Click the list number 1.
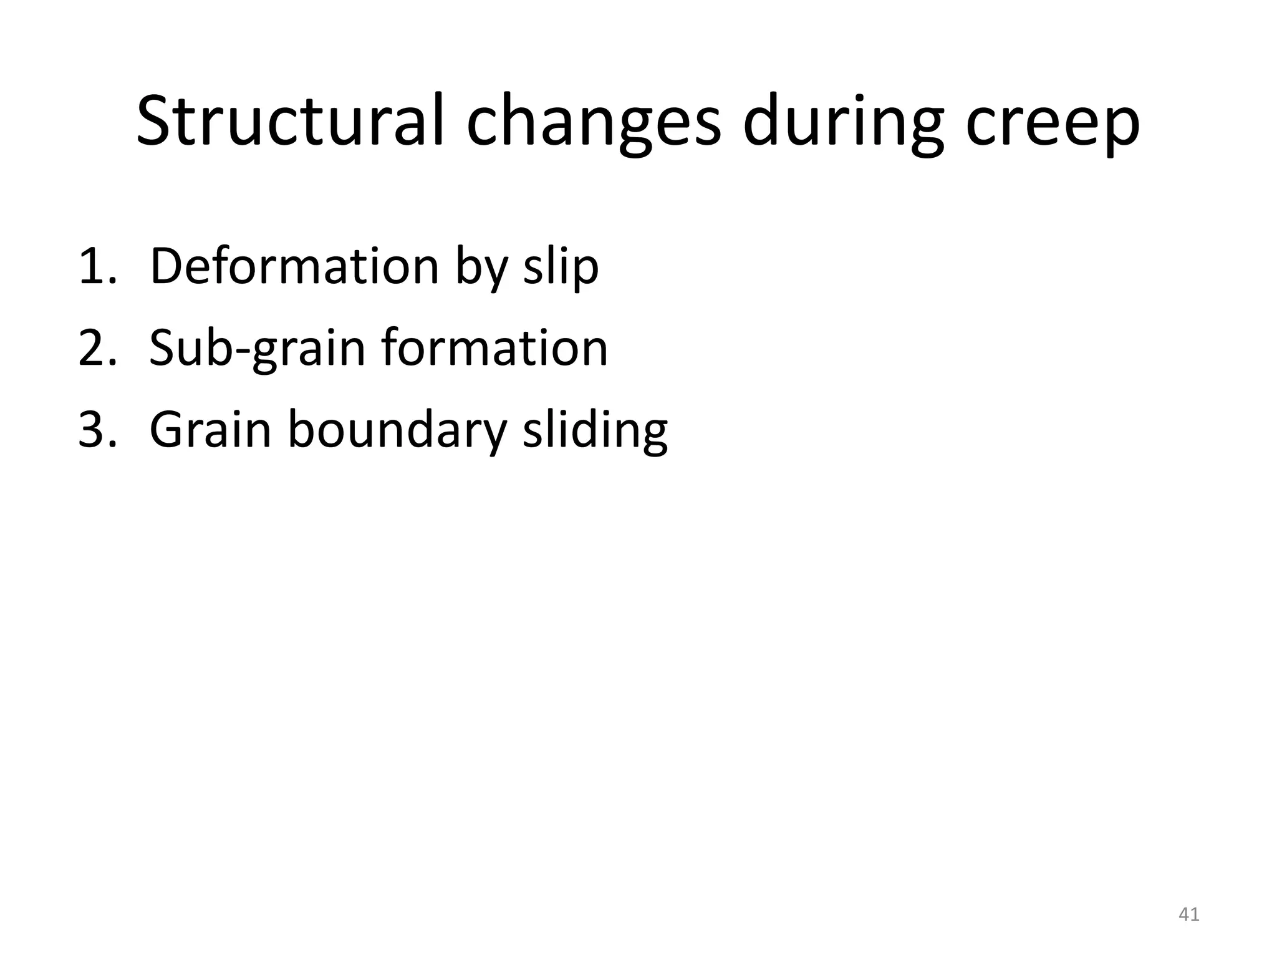pos(97,267)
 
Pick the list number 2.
pos(97,348)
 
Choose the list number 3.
pos(97,430)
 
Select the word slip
pos(561,268)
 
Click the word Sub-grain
pos(257,349)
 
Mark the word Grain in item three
pos(210,430)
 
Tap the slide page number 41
pos(1188,914)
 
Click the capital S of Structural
pos(154,121)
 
